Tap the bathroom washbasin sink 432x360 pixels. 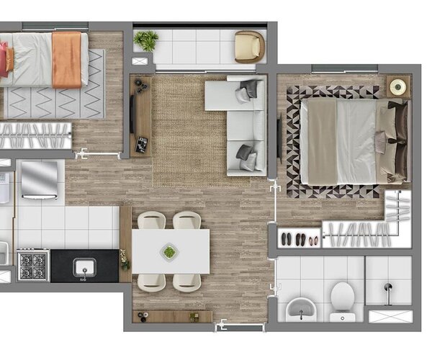pos(299,310)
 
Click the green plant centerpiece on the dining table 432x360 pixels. pos(170,251)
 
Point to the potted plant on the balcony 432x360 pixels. pos(147,40)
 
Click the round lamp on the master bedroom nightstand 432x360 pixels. pos(397,87)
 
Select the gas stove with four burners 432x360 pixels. pos(32,265)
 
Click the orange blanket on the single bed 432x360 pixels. pos(67,58)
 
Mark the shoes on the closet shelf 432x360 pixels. pos(297,238)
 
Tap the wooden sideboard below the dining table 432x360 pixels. pos(173,316)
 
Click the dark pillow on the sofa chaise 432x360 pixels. pos(249,89)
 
